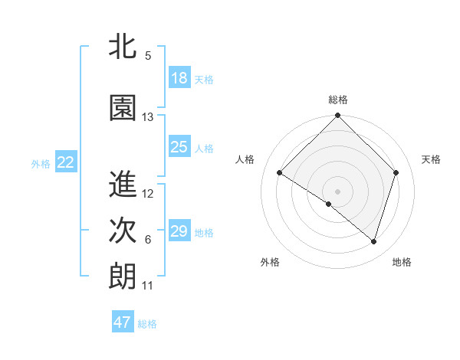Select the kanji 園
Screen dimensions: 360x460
pos(123,109)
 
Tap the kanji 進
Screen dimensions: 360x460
pos(123,185)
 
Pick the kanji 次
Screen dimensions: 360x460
pos(123,231)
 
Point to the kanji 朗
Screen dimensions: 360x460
pos(123,277)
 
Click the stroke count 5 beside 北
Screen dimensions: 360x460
pos(147,56)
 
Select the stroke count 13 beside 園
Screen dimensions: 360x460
pos(148,117)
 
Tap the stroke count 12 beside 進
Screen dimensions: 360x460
pos(148,194)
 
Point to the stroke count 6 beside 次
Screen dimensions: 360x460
pos(147,240)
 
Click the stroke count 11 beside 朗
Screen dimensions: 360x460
pos(147,286)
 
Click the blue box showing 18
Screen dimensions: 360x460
pos(179,78)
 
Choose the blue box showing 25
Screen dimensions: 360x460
pos(179,147)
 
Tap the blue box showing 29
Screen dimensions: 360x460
pos(179,231)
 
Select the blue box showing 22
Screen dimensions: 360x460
pos(66,162)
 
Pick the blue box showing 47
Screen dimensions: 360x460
pos(123,322)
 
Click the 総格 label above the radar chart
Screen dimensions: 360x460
pos(338,100)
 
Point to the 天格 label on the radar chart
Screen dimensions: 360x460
pos(431,159)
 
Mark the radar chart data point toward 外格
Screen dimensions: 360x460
pos(329,205)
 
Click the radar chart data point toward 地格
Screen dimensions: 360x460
pos(373,241)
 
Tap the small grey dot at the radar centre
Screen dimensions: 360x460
pos(337,191)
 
